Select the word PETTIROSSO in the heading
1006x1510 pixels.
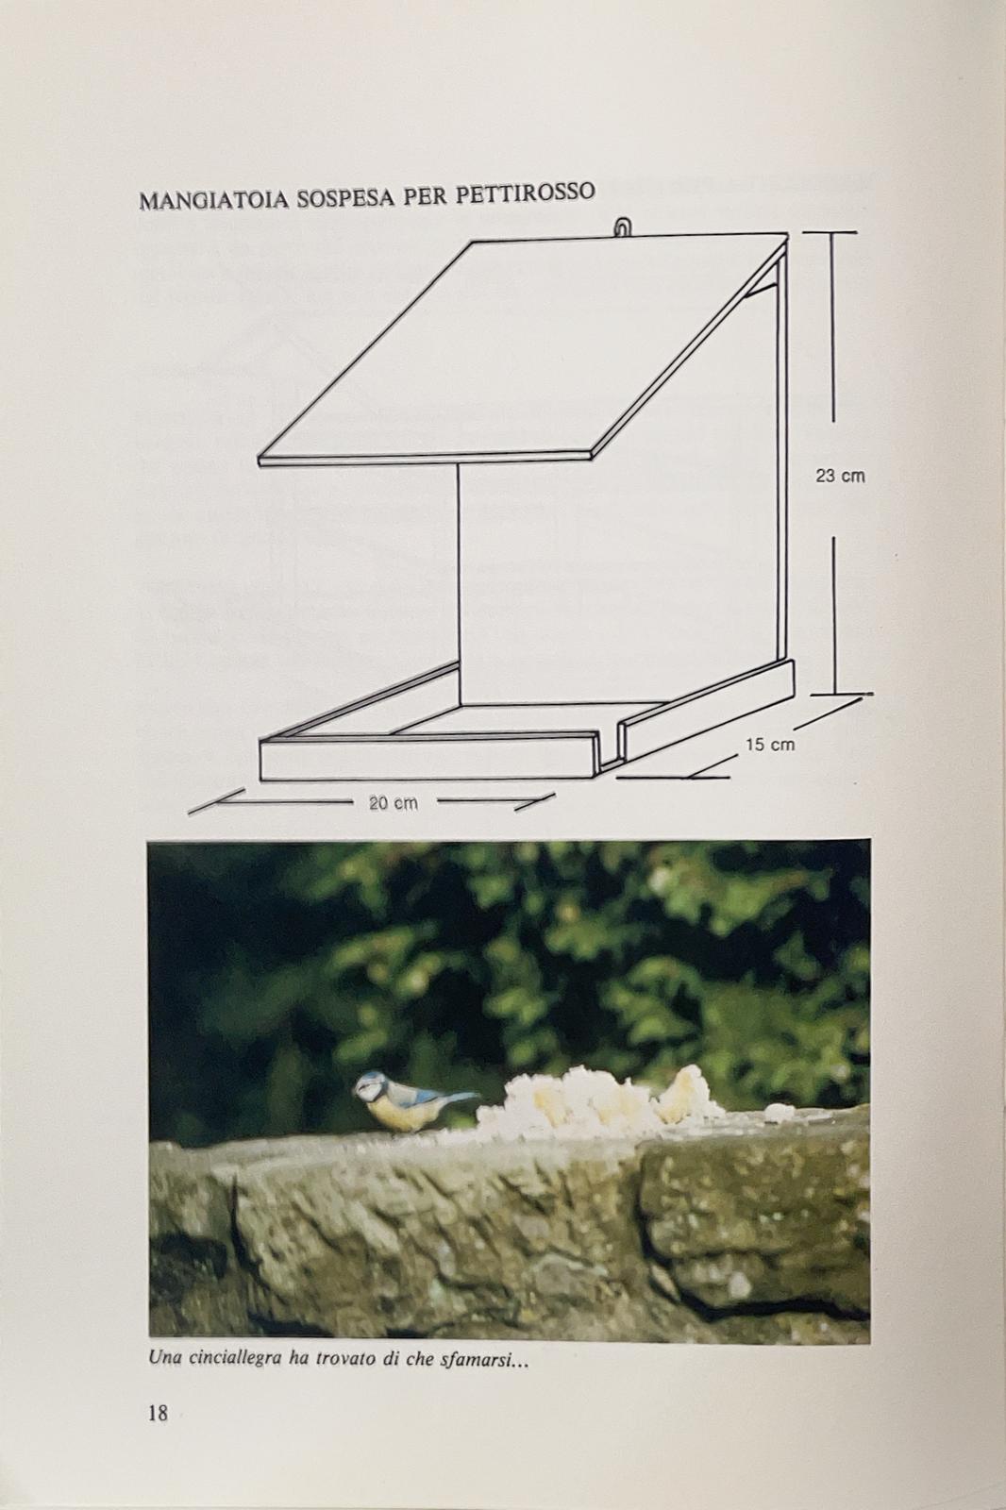pyautogui.click(x=526, y=193)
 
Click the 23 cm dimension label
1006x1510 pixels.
pyautogui.click(x=840, y=476)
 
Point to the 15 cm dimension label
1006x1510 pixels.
pyautogui.click(x=770, y=745)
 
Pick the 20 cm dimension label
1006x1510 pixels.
pyautogui.click(x=394, y=803)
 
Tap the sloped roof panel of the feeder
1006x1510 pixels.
pyautogui.click(x=523, y=349)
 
